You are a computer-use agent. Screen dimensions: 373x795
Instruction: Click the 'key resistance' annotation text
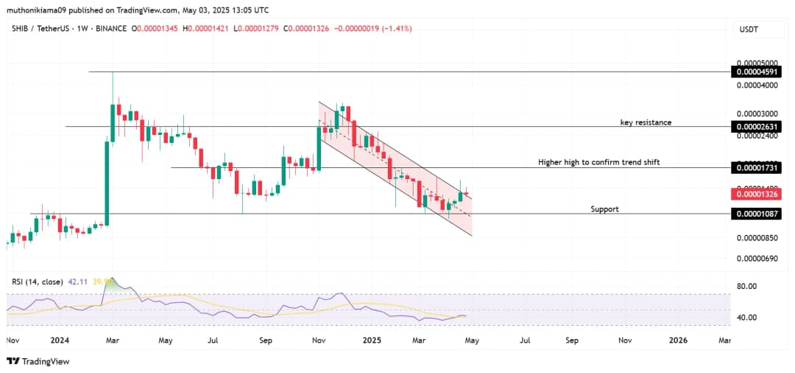click(646, 122)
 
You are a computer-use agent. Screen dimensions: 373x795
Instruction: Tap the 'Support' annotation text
click(604, 209)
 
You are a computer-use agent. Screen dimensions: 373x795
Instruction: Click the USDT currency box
click(749, 29)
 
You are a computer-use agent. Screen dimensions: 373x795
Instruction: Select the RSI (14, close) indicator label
click(36, 282)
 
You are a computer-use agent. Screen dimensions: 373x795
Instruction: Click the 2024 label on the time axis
click(60, 341)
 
